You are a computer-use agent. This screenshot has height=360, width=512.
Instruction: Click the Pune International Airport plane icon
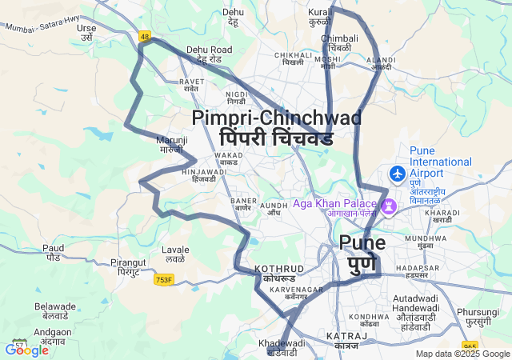click(397, 173)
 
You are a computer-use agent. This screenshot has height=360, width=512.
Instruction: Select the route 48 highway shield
click(145, 36)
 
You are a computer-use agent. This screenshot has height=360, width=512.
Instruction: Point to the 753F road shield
click(164, 280)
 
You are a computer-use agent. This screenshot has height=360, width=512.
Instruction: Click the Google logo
click(26, 350)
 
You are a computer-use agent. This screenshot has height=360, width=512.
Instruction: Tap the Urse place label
click(86, 32)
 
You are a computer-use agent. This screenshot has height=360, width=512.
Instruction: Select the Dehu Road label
click(209, 54)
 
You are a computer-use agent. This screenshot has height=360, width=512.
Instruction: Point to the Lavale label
click(175, 254)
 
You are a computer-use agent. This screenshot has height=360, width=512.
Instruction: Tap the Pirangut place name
click(128, 267)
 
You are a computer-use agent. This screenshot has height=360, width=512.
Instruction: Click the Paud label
click(54, 253)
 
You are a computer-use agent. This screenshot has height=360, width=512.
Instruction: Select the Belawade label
click(55, 311)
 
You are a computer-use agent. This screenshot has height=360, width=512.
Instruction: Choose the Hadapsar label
click(417, 270)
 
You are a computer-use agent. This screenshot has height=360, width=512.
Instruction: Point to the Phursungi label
click(478, 317)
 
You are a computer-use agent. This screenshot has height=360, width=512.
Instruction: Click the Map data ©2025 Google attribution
click(462, 354)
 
